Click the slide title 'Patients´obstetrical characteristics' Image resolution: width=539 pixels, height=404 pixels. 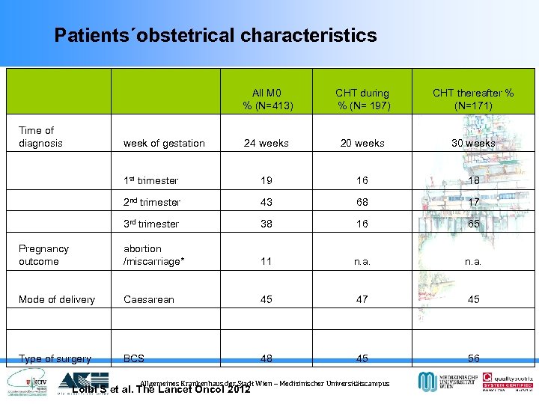coord(216,35)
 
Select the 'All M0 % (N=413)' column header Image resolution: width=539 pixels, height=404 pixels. coord(267,99)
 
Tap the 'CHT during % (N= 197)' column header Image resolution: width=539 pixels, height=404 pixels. coord(362,99)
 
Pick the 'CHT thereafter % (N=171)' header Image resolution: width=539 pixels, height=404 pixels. coord(472,99)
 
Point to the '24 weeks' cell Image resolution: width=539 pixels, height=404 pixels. coord(267,143)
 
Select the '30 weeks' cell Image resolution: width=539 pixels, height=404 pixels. coord(472,143)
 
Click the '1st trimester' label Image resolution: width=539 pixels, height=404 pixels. coord(150,180)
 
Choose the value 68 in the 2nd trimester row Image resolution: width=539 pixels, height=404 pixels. coord(362,202)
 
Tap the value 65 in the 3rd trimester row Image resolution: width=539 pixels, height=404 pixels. coord(472,224)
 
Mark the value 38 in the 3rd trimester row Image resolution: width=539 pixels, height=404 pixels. coord(267,224)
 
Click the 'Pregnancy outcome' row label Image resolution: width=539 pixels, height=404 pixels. coord(43,255)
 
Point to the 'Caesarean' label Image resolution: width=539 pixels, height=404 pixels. coord(148,299)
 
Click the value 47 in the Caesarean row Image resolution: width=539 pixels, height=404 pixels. coord(362,299)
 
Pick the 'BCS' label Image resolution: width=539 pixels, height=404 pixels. coord(135,358)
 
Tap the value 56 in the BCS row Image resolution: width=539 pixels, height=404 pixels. coord(472,358)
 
